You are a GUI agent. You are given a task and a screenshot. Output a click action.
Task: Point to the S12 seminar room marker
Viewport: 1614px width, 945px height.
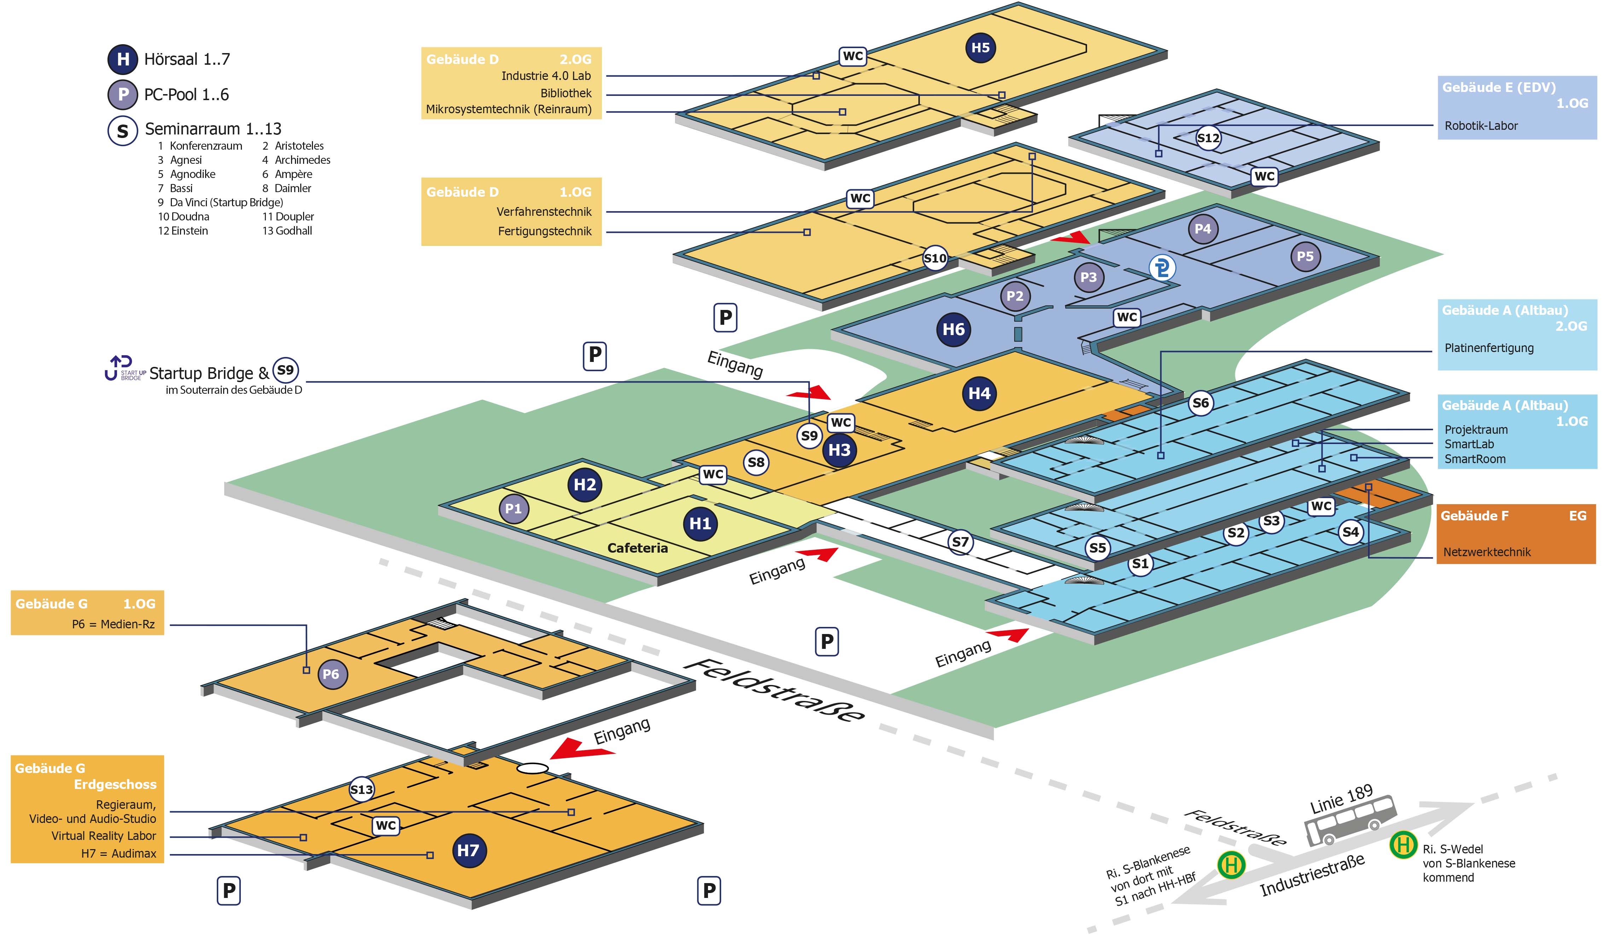1208,138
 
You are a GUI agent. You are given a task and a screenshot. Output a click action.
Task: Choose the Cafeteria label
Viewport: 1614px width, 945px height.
637,548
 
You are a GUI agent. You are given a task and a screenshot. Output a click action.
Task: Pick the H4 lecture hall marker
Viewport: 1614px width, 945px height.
979,393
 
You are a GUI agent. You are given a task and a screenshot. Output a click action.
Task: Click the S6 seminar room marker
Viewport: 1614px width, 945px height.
1200,403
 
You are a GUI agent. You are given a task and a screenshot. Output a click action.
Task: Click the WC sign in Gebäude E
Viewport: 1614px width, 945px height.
1264,176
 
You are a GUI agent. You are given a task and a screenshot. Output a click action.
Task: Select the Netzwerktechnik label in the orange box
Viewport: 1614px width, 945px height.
1487,552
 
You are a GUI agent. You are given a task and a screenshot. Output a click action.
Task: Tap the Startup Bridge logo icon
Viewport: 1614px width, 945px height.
124,368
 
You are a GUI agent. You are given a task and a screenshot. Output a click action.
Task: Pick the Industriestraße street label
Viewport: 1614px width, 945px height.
1312,875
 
